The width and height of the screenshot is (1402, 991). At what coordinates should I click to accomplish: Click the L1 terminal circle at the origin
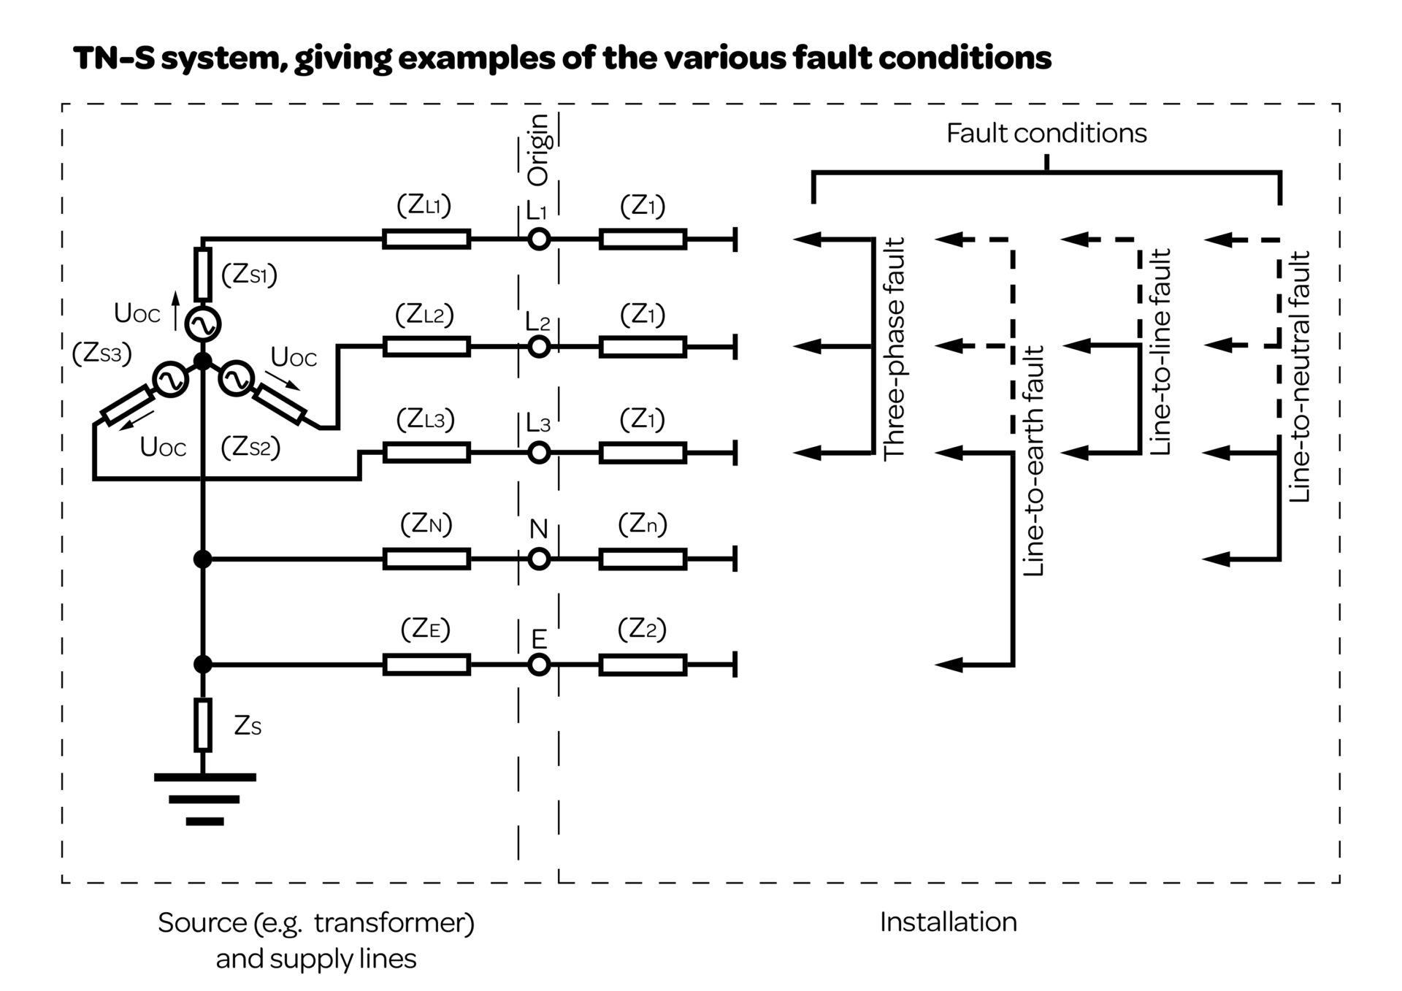click(539, 239)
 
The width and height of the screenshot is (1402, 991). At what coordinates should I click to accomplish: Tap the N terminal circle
click(539, 559)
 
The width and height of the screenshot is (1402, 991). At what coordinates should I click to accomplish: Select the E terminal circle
click(539, 665)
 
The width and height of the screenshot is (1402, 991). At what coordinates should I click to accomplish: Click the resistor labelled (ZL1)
click(426, 239)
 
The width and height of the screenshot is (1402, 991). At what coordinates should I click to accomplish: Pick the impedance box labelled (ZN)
click(426, 559)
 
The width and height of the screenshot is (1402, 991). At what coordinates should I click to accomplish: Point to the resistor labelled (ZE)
click(426, 665)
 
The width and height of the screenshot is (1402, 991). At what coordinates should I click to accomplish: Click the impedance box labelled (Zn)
click(643, 559)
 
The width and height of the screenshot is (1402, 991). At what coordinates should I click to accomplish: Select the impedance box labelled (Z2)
click(643, 665)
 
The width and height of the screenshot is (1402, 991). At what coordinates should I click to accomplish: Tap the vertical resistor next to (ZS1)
click(203, 275)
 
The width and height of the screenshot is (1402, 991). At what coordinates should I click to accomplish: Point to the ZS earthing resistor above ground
click(203, 725)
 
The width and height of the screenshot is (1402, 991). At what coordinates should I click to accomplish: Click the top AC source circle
click(202, 324)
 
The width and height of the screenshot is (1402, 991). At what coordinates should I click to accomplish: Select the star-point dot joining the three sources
click(203, 361)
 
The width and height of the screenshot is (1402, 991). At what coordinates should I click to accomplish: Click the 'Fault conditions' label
click(1046, 133)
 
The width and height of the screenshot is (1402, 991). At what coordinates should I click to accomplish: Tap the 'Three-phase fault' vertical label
click(894, 348)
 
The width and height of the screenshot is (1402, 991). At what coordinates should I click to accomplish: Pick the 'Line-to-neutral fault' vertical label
click(1300, 377)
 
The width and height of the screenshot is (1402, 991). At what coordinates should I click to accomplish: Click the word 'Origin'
click(538, 150)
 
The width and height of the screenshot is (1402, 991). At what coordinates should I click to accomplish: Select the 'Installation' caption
click(948, 922)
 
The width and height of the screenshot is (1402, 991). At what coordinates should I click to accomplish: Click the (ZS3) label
click(101, 353)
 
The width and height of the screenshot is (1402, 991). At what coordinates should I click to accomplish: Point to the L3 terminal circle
click(539, 453)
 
